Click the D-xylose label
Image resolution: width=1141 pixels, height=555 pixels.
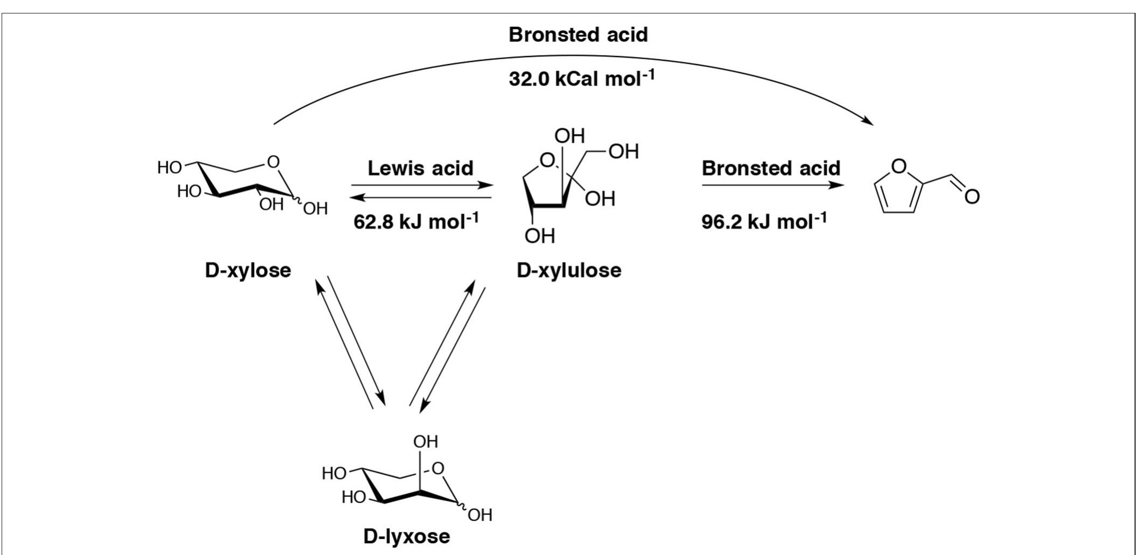pos(248,270)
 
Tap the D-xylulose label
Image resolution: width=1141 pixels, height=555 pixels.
pos(568,270)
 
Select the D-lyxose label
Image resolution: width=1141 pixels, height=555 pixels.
pos(406,536)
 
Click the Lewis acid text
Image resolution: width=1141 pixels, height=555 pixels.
pos(420,168)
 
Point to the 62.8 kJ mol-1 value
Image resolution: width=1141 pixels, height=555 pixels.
pos(415,221)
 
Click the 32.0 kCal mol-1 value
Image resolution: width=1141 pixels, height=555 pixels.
pos(581,79)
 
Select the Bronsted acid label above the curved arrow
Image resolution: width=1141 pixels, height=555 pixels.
pos(578,35)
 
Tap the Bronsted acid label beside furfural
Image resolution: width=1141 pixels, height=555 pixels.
pos(771,168)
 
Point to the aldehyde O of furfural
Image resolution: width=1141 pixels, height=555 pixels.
pos(971,196)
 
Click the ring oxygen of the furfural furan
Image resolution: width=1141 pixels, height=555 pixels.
pos(898,166)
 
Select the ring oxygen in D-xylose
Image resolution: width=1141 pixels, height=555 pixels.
pos(273,161)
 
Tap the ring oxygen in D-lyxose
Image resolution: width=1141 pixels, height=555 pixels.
pos(439,469)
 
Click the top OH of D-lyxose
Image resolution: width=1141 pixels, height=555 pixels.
pos(425,442)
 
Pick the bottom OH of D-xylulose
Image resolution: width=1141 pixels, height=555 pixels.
pos(539,236)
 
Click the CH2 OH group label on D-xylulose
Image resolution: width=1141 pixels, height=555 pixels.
pos(624,152)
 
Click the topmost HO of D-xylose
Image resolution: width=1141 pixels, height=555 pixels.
pos(169,168)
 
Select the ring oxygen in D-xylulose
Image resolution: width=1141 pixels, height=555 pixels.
pos(547,160)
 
